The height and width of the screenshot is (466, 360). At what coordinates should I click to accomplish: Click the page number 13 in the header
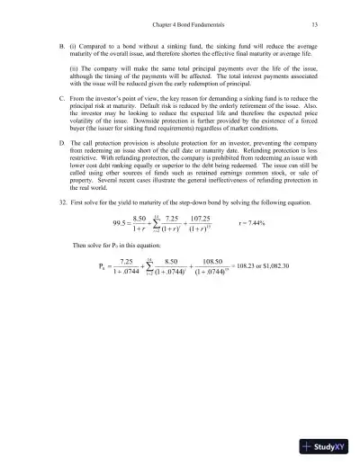pos(310,23)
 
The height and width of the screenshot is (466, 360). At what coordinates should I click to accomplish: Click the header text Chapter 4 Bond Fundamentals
pos(180,23)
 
